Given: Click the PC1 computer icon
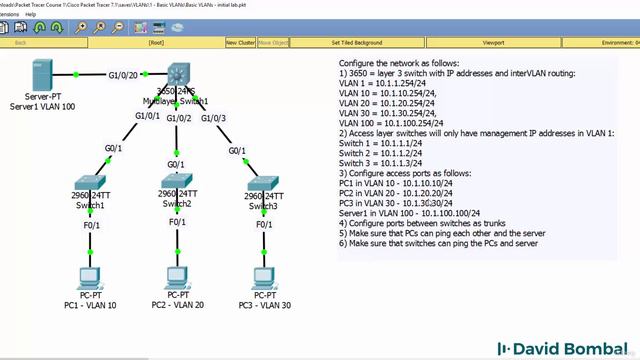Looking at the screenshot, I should [x=88, y=278].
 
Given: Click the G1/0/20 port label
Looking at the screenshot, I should [x=123, y=75].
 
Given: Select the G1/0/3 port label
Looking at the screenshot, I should [x=213, y=118].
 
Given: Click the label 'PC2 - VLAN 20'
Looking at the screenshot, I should [x=177, y=305].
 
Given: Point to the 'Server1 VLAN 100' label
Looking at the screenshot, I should [x=43, y=105].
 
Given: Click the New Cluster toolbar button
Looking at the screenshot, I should [x=240, y=43].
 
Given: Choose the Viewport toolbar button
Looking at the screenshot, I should [x=493, y=43].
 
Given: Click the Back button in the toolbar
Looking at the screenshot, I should [x=21, y=43].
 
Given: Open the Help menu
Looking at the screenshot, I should [x=31, y=14].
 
